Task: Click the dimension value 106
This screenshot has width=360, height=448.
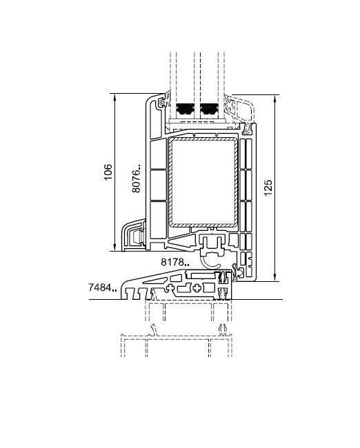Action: pyautogui.click(x=108, y=172)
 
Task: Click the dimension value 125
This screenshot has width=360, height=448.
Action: pyautogui.click(x=268, y=187)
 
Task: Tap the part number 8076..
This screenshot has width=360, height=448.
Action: pyautogui.click(x=137, y=178)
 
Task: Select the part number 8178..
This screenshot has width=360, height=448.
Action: pyautogui.click(x=175, y=262)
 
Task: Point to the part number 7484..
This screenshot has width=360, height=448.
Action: pyautogui.click(x=102, y=287)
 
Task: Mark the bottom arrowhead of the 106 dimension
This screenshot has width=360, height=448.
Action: pyautogui.click(x=114, y=247)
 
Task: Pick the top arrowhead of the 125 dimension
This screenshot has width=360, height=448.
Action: pyautogui.click(x=275, y=99)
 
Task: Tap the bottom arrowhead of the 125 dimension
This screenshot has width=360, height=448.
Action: pyautogui.click(x=275, y=277)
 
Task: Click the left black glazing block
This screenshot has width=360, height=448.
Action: pyautogui.click(x=186, y=110)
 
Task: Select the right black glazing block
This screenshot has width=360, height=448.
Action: pyautogui.click(x=210, y=110)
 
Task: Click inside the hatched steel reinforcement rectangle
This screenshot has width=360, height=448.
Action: pyautogui.click(x=204, y=182)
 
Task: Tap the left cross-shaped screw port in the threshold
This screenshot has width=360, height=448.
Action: pyautogui.click(x=170, y=287)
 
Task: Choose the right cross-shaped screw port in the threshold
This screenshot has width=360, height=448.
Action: pyautogui.click(x=197, y=287)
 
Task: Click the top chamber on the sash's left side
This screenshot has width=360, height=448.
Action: pyautogui.click(x=159, y=154)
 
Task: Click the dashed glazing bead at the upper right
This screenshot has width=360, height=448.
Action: pyautogui.click(x=239, y=108)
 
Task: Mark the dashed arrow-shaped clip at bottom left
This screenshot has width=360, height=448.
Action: pyautogui.click(x=154, y=330)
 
